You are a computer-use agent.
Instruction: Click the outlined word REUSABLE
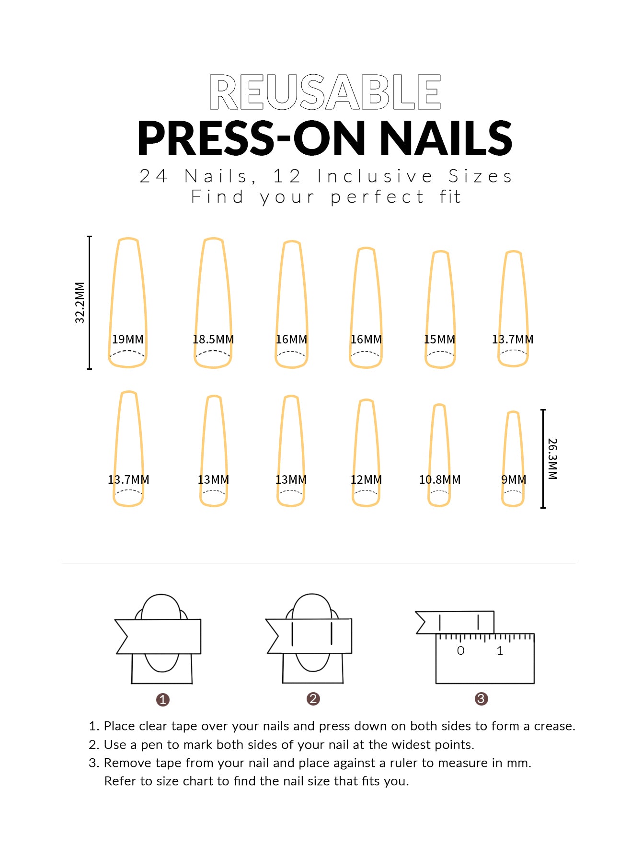(x=325, y=91)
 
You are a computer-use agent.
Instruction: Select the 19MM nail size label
(x=128, y=339)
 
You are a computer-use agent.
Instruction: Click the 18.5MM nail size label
(x=213, y=339)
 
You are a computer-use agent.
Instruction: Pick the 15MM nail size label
(x=439, y=339)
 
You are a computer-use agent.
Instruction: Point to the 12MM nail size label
(x=366, y=479)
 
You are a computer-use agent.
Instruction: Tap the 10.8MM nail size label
(x=440, y=479)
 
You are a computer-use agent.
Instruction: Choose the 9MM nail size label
(x=514, y=479)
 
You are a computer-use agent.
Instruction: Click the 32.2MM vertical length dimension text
(x=80, y=302)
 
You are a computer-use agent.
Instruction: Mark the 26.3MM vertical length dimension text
(x=552, y=459)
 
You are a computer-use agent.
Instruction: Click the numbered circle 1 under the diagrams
(x=163, y=700)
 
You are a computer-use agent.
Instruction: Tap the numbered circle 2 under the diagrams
(x=313, y=699)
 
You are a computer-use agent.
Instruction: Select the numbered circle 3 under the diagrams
(x=481, y=699)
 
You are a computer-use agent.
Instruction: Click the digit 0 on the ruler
(x=460, y=650)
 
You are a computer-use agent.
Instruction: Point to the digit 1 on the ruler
(x=500, y=650)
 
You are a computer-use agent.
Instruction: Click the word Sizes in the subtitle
(x=480, y=176)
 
